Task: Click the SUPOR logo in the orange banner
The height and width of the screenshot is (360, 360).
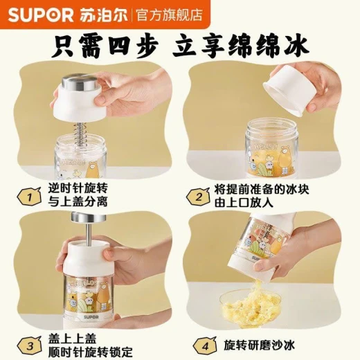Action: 40,15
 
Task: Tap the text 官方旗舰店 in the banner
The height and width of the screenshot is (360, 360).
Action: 170,15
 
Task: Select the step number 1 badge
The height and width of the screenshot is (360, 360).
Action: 29,197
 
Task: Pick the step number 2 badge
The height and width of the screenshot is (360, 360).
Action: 198,197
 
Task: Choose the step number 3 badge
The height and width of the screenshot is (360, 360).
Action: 30,346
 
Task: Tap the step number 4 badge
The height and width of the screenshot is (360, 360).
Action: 205,346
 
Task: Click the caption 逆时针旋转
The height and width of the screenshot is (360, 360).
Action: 78,189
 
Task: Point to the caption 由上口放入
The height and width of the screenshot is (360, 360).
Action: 244,203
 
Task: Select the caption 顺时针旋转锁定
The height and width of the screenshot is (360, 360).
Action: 90,352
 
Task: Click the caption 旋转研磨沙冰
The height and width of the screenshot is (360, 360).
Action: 260,345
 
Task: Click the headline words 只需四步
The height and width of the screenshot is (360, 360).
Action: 105,46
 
